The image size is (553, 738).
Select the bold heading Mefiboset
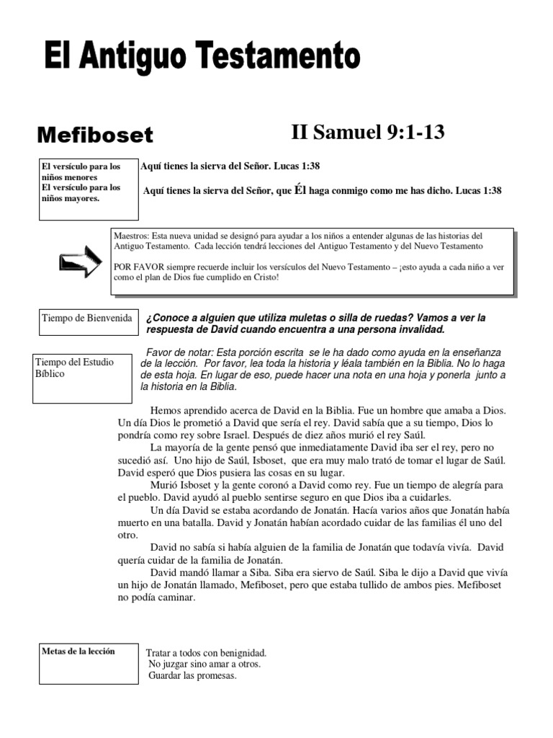click(x=95, y=135)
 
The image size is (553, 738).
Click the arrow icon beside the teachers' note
click(x=81, y=262)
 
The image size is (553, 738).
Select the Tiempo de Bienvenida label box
click(x=87, y=318)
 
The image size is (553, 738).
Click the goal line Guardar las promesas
click(x=192, y=676)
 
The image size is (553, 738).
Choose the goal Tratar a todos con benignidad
click(x=206, y=653)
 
